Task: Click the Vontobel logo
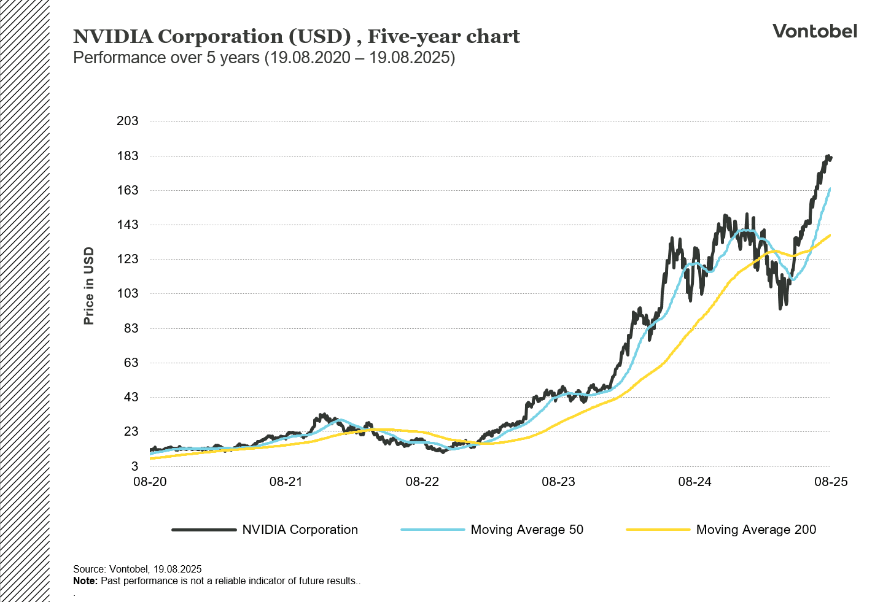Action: pyautogui.click(x=814, y=31)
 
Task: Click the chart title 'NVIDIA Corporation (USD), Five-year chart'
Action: pyautogui.click(x=296, y=37)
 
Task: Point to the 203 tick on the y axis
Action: pyautogui.click(x=128, y=121)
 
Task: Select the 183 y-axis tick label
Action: pyautogui.click(x=128, y=156)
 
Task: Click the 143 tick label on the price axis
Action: pyautogui.click(x=128, y=225)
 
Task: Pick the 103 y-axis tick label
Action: pyautogui.click(x=128, y=293)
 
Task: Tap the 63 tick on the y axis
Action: pyautogui.click(x=131, y=363)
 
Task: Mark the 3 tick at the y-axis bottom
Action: pyautogui.click(x=134, y=466)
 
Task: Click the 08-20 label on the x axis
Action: pyautogui.click(x=150, y=482)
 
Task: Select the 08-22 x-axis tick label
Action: pyautogui.click(x=422, y=482)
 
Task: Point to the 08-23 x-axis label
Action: pyautogui.click(x=558, y=482)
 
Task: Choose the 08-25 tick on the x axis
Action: pyautogui.click(x=831, y=482)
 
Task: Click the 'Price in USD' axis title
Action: pyautogui.click(x=89, y=286)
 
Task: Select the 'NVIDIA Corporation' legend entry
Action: pyautogui.click(x=300, y=530)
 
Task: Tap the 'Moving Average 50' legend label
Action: pyautogui.click(x=527, y=530)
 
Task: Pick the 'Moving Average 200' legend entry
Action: pyautogui.click(x=756, y=530)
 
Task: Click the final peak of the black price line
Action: pyautogui.click(x=828, y=156)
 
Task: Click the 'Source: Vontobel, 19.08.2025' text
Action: pyautogui.click(x=137, y=569)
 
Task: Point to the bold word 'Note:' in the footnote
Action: pyautogui.click(x=85, y=581)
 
